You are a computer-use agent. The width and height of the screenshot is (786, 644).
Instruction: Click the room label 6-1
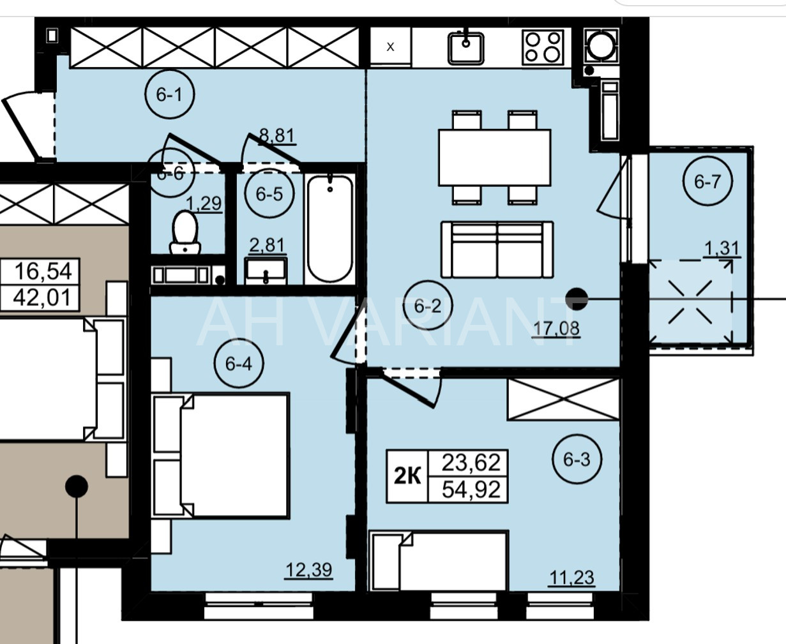[x=170, y=94]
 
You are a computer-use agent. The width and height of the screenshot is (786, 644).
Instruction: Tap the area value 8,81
[x=277, y=135]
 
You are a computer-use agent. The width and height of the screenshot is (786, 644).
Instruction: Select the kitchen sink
[x=466, y=48]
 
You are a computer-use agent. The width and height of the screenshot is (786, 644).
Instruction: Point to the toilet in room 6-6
[x=185, y=232]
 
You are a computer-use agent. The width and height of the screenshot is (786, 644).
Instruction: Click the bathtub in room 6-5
[x=329, y=228]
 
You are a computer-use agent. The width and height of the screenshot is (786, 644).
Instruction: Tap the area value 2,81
[x=268, y=245]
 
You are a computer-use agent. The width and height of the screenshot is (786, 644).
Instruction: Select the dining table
[x=495, y=157]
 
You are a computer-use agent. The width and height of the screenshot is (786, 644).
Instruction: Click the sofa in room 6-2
[x=497, y=250]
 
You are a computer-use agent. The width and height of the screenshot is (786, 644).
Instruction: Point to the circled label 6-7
[x=707, y=181]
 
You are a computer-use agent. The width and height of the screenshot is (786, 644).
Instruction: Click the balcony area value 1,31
[x=722, y=248]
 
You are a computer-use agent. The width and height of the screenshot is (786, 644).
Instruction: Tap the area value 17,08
[x=556, y=329]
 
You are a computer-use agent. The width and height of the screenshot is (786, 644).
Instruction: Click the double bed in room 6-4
[x=221, y=456]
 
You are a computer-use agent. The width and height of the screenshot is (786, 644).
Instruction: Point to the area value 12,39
[x=308, y=570]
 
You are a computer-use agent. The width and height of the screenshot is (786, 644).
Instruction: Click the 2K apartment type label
[x=407, y=476]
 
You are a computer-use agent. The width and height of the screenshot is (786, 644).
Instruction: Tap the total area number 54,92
[x=471, y=489]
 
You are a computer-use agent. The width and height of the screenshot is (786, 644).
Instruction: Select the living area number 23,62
[x=471, y=463]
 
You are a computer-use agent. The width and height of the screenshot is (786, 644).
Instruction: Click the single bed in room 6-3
[x=439, y=560]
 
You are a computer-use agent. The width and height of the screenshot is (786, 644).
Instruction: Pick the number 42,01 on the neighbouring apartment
[x=42, y=298]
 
